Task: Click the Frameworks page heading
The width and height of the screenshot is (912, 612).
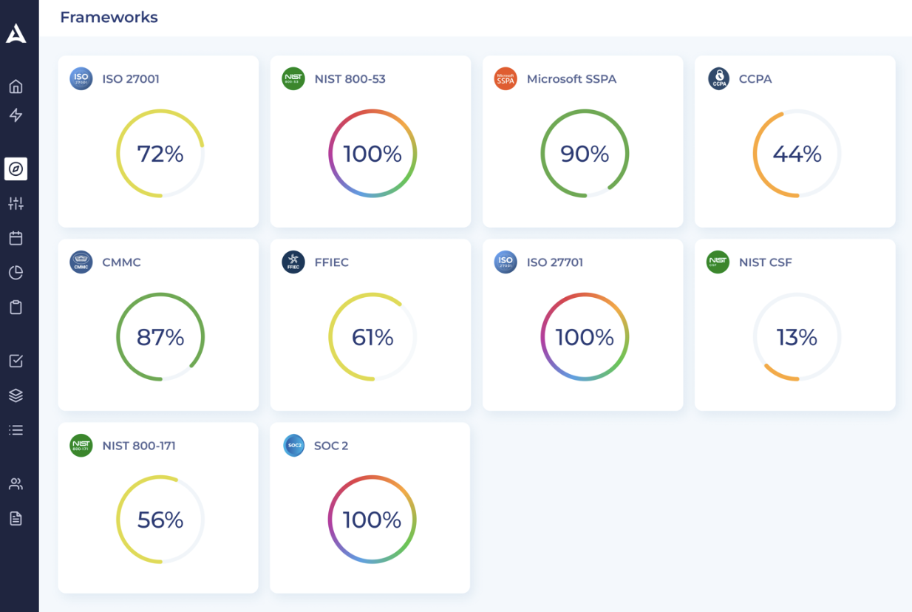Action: click(x=109, y=17)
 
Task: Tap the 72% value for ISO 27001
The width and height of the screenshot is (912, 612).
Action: click(x=160, y=154)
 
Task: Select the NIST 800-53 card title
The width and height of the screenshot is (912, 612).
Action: click(x=350, y=79)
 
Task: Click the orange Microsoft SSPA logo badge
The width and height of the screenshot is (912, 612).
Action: click(x=506, y=79)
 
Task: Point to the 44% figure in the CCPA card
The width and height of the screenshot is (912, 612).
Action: click(x=797, y=154)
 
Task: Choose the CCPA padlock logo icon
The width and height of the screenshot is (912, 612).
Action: click(x=718, y=79)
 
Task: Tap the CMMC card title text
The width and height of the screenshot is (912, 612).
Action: click(x=121, y=262)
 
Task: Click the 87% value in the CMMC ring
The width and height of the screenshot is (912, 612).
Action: click(x=160, y=337)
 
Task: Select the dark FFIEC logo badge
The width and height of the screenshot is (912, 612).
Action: click(x=293, y=262)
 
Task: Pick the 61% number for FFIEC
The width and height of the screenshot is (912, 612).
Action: click(x=372, y=337)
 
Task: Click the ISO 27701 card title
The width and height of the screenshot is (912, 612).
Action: click(x=555, y=262)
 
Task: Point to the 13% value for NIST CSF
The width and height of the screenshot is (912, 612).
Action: click(x=797, y=337)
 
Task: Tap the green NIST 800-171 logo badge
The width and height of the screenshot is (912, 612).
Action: click(x=81, y=446)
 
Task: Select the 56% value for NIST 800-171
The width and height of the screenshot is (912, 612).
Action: click(x=160, y=520)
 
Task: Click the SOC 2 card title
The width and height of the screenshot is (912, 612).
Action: click(x=331, y=446)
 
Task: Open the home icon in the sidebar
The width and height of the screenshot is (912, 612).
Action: click(x=16, y=86)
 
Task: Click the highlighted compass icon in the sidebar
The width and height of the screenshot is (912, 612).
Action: click(x=16, y=169)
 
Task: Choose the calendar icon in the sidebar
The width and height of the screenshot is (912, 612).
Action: click(x=16, y=238)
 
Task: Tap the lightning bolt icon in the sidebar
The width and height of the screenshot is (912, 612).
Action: click(x=16, y=115)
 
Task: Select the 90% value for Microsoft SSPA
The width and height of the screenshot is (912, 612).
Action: click(x=585, y=154)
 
